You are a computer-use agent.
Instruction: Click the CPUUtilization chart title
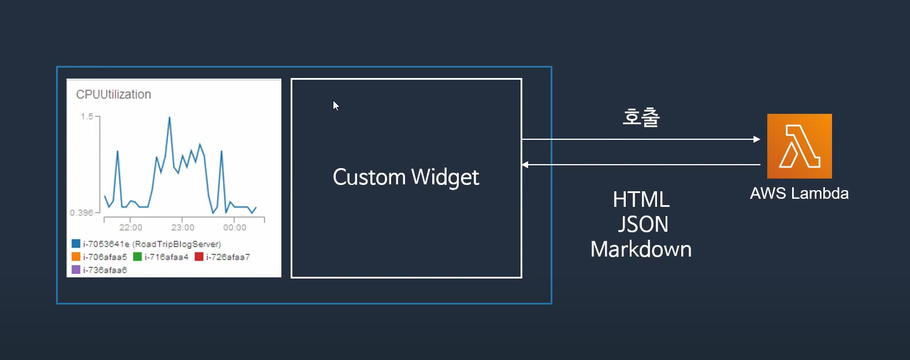(x=113, y=94)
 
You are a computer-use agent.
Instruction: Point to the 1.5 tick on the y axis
(x=87, y=117)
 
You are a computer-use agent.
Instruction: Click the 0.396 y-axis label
(x=81, y=213)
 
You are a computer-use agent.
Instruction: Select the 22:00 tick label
(x=131, y=228)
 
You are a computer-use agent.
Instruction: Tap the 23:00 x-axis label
(x=183, y=228)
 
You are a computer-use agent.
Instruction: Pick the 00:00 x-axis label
(x=235, y=228)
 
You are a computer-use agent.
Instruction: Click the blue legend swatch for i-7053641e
(x=76, y=243)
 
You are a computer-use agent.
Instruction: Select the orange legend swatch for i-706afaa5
(x=76, y=257)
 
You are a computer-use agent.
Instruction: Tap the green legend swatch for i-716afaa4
(x=138, y=257)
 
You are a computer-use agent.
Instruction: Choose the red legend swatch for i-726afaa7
(x=199, y=257)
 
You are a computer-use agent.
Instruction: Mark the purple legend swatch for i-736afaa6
(x=76, y=269)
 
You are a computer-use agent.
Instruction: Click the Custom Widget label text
(x=406, y=177)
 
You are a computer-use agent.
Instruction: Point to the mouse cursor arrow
(x=335, y=105)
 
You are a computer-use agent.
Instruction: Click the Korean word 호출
(x=641, y=117)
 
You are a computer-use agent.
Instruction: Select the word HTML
(x=641, y=199)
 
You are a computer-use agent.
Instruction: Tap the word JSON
(x=642, y=224)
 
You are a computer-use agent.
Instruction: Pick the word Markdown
(x=641, y=249)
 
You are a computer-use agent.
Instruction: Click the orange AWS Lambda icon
(x=799, y=146)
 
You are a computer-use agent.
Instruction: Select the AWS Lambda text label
(x=799, y=193)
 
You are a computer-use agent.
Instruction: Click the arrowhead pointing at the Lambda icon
(x=757, y=139)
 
